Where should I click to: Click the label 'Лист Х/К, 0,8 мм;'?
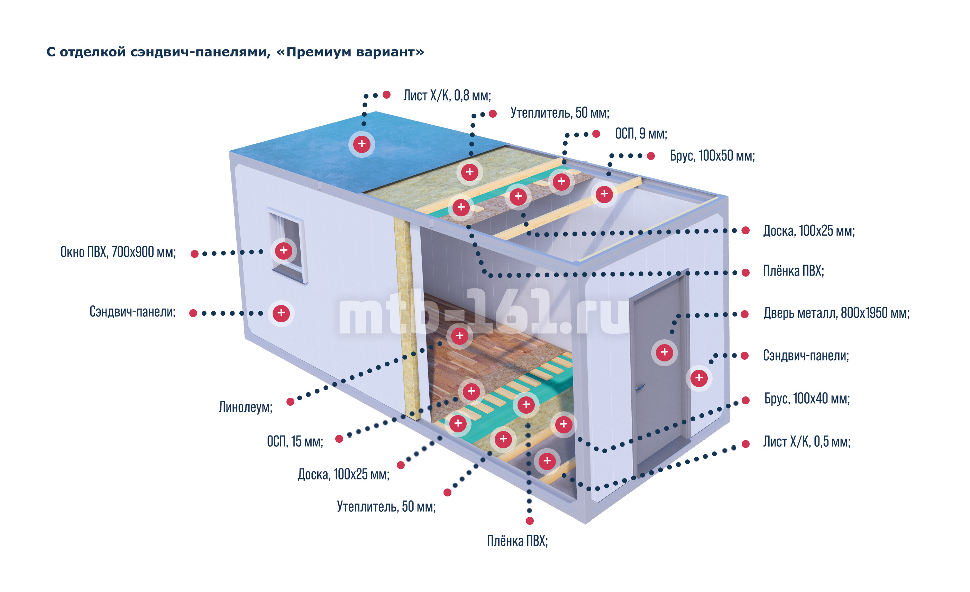(x=447, y=96)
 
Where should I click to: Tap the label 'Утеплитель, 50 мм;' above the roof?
(x=559, y=113)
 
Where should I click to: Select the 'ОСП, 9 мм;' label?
(x=641, y=134)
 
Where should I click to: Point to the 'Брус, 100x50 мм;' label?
(x=712, y=156)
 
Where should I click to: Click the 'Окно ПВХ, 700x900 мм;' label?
(x=118, y=252)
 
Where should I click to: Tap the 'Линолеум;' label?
(x=246, y=407)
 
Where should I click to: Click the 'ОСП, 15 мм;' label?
(x=295, y=441)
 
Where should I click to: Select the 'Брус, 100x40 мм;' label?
(x=807, y=398)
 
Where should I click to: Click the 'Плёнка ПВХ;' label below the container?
(x=517, y=541)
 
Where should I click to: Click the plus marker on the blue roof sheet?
(x=362, y=144)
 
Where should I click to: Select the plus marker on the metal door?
(x=664, y=352)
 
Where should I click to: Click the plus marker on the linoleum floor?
(x=459, y=336)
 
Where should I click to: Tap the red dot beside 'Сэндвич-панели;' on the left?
(x=193, y=314)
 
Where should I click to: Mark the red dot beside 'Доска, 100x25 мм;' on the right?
(x=745, y=231)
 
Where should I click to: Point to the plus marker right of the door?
(x=699, y=378)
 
